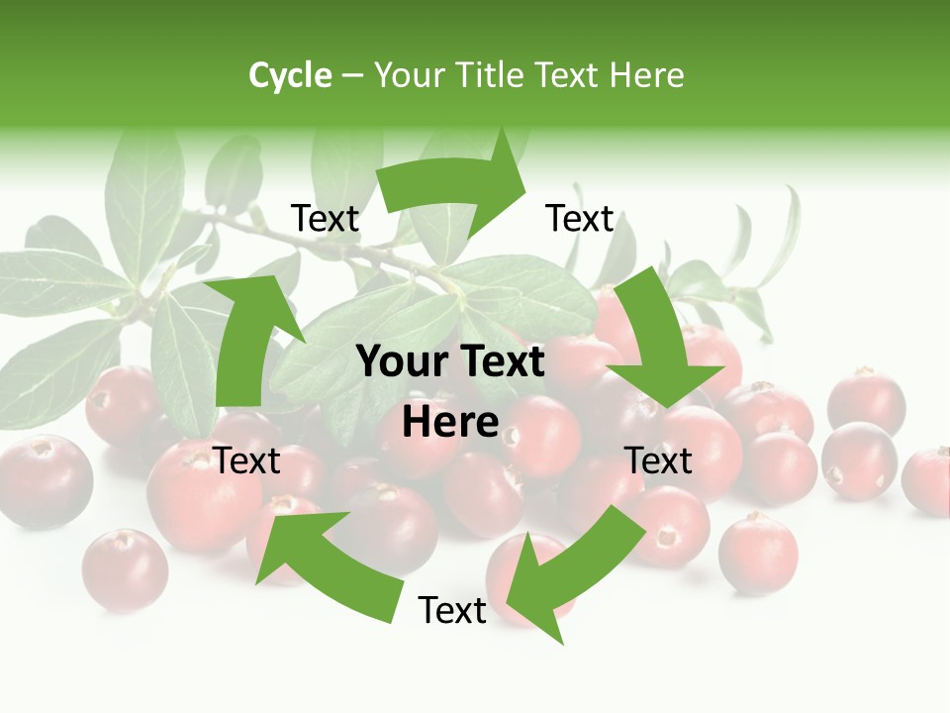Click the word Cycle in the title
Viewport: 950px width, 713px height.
(x=290, y=75)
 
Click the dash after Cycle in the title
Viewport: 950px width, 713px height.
(x=352, y=75)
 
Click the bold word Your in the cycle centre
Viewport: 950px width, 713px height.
(x=400, y=362)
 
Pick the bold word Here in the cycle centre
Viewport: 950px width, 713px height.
(x=450, y=423)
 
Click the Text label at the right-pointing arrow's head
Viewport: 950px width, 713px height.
(x=580, y=218)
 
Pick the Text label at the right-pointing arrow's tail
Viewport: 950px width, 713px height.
(x=325, y=218)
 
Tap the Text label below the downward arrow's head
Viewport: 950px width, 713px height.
(x=658, y=460)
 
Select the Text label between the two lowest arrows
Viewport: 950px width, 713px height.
(x=452, y=610)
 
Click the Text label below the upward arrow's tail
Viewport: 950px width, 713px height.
(x=246, y=460)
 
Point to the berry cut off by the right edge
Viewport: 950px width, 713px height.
(x=930, y=481)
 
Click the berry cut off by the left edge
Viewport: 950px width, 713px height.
(x=40, y=481)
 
